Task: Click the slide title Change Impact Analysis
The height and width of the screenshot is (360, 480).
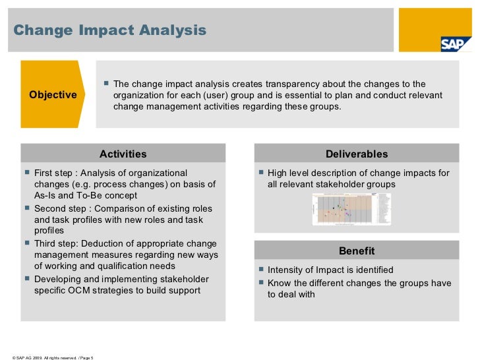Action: tap(109, 30)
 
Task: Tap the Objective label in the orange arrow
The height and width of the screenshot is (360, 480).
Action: tap(53, 95)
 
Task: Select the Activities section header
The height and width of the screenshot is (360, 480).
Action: tap(123, 154)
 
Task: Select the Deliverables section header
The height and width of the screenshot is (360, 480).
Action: tap(357, 154)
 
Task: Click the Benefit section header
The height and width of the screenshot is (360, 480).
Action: tap(357, 251)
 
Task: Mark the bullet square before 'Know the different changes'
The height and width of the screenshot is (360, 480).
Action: tap(261, 282)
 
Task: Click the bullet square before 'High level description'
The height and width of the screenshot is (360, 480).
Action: tap(261, 173)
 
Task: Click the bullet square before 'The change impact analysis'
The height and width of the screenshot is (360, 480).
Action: tap(106, 84)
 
